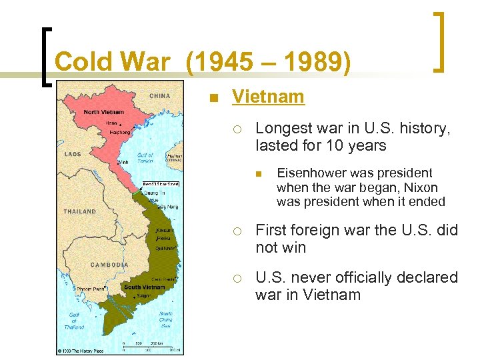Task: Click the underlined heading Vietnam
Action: [268, 97]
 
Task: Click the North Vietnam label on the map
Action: [104, 111]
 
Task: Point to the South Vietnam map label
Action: [145, 287]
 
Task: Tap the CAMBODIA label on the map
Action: [109, 265]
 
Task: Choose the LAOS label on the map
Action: [73, 154]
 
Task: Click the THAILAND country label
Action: [79, 211]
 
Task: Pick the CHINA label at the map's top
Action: [159, 95]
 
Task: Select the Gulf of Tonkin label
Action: [145, 158]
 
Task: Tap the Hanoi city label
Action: [112, 123]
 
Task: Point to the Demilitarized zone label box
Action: [161, 183]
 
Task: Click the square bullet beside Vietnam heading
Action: [213, 98]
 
